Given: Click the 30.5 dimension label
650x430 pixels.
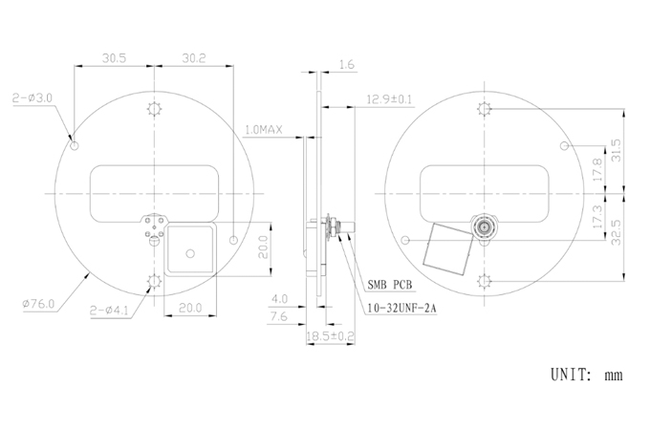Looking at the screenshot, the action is pyautogui.click(x=114, y=58).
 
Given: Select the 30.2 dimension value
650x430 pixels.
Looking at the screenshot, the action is pyautogui.click(x=194, y=58).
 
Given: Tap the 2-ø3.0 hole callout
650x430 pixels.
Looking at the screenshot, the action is pyautogui.click(x=32, y=98).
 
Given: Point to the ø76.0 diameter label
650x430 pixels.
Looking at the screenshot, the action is pyautogui.click(x=38, y=304).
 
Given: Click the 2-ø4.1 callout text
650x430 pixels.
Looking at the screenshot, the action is pyautogui.click(x=109, y=311).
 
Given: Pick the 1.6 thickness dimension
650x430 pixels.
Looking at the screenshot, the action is pyautogui.click(x=347, y=65).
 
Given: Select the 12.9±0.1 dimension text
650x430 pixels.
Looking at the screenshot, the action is pyautogui.click(x=389, y=99).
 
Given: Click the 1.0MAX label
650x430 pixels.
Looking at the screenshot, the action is pyautogui.click(x=264, y=130).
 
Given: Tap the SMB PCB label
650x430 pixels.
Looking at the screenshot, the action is pyautogui.click(x=390, y=285).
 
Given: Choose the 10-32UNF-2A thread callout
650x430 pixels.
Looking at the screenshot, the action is pyautogui.click(x=401, y=309).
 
